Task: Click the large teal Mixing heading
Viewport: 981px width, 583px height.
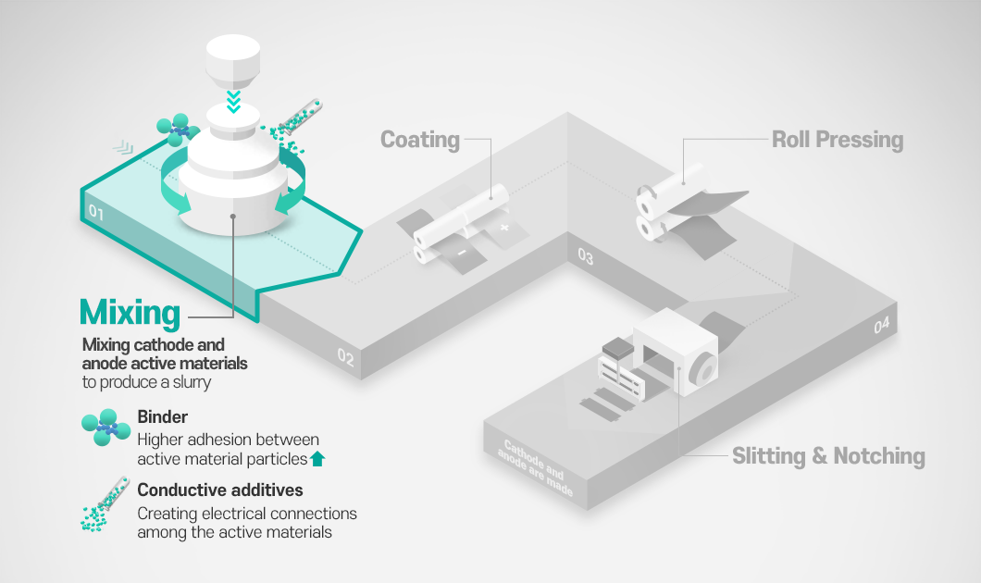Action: point(130,313)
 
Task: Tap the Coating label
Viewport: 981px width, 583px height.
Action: point(420,140)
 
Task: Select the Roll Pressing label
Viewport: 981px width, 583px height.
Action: point(838,140)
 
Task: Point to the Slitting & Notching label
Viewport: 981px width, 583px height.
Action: point(828,456)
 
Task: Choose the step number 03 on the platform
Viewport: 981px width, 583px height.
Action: point(585,256)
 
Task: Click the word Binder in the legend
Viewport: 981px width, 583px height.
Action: point(161,416)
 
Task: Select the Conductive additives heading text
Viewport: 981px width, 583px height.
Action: point(220,490)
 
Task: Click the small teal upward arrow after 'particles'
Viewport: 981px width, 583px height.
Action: point(318,457)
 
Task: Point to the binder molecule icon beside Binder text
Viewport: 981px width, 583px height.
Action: point(102,427)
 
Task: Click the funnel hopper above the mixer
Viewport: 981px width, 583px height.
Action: point(233,57)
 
